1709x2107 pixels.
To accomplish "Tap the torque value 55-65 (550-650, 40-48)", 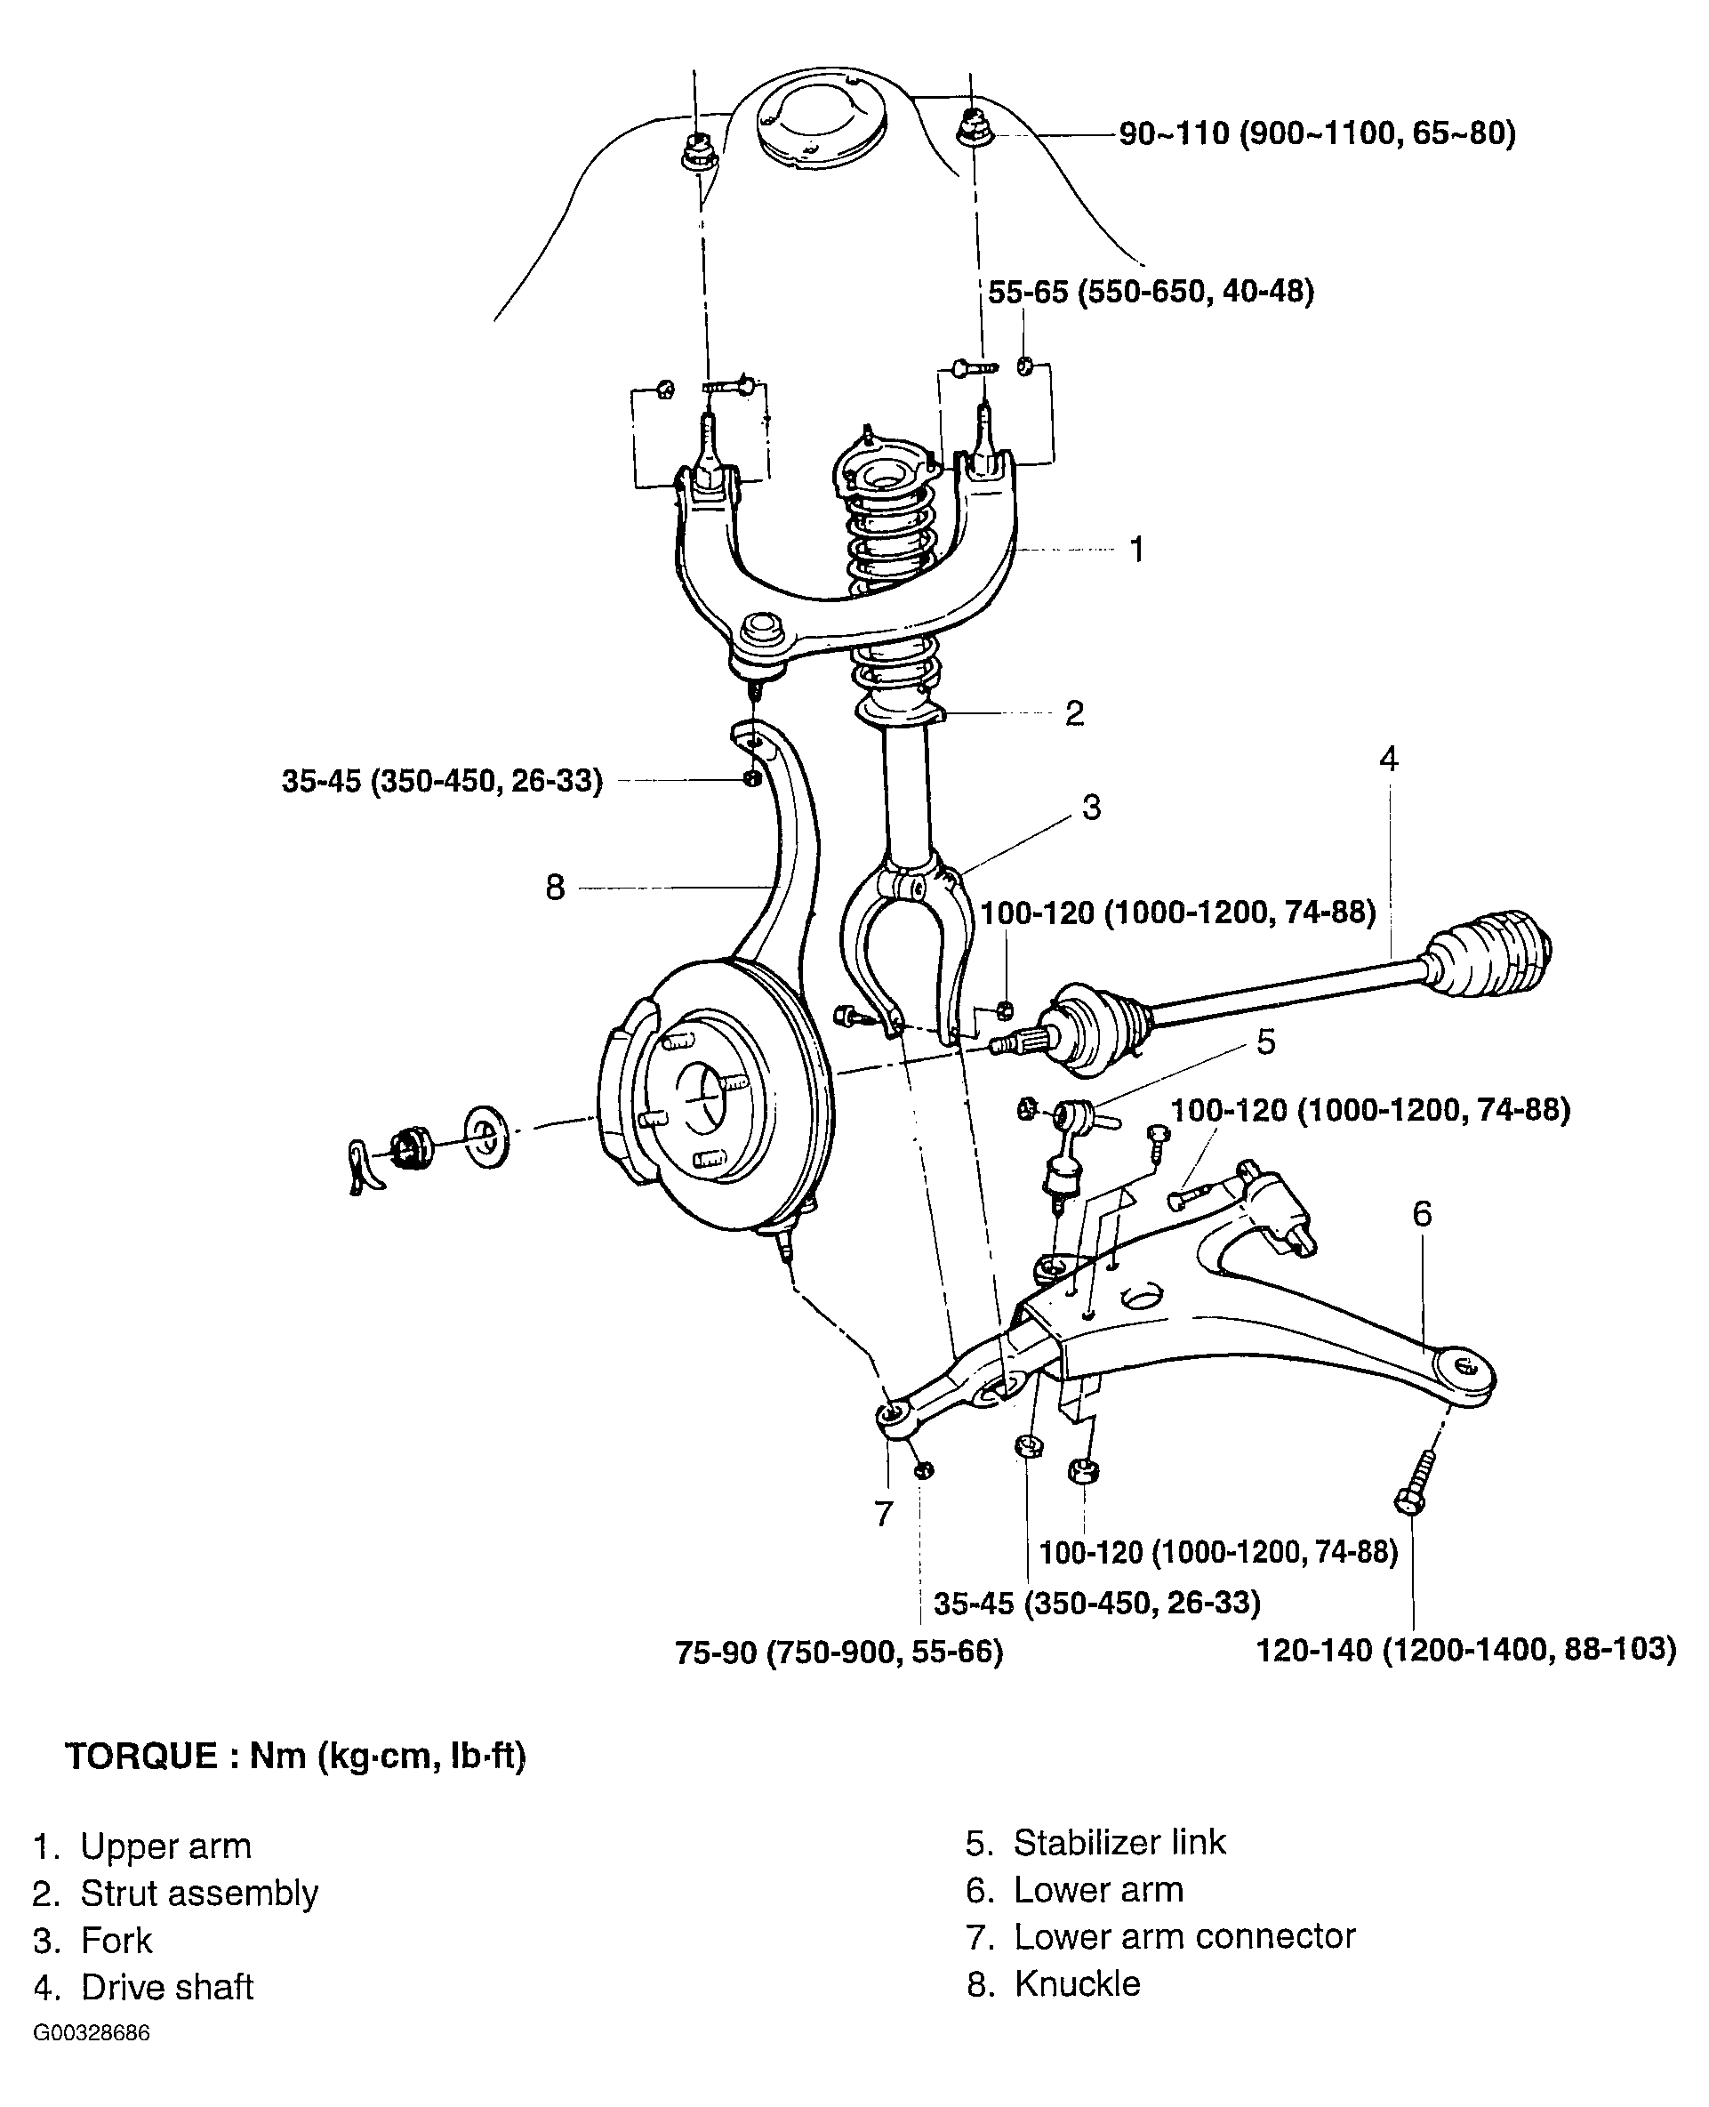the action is [x=1151, y=292].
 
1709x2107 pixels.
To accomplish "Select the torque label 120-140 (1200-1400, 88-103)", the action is [x=1466, y=1649].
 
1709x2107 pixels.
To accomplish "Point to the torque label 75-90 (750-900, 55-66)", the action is [x=838, y=1653].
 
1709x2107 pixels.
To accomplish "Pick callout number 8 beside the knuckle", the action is [x=555, y=887].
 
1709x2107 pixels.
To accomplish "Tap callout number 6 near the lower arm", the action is [x=1423, y=1214].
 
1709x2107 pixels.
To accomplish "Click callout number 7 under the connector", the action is [x=884, y=1513].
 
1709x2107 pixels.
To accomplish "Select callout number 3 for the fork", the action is [x=1092, y=808].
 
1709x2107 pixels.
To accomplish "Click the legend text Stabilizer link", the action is [x=1120, y=1842].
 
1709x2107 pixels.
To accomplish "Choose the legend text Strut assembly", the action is [x=200, y=1894].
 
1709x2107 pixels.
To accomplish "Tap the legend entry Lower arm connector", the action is [x=1185, y=1935].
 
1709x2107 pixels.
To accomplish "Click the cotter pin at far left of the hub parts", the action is [x=360, y=1165].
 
